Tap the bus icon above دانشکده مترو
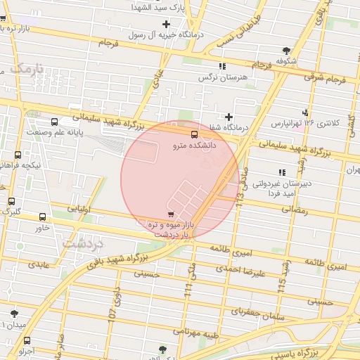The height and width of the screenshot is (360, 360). pos(194,134)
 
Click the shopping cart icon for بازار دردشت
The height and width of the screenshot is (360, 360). pos(171,213)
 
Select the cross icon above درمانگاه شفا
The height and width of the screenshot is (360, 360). pos(229,117)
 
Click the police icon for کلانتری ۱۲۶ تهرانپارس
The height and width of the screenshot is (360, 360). pos(305,112)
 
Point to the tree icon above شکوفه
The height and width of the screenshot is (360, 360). pos(286,50)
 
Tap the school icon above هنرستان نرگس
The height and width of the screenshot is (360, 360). pos(223,66)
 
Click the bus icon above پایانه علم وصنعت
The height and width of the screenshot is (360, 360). pos(56,122)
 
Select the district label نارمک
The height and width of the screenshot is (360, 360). pos(29,70)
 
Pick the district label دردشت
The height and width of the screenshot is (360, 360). pos(83,243)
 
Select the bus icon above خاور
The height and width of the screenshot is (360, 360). pos(43,217)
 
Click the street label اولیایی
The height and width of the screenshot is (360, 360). pos(77,209)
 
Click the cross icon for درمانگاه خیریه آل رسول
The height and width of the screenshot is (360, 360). pos(166,25)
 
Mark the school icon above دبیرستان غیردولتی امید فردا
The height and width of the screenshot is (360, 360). pos(282,172)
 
